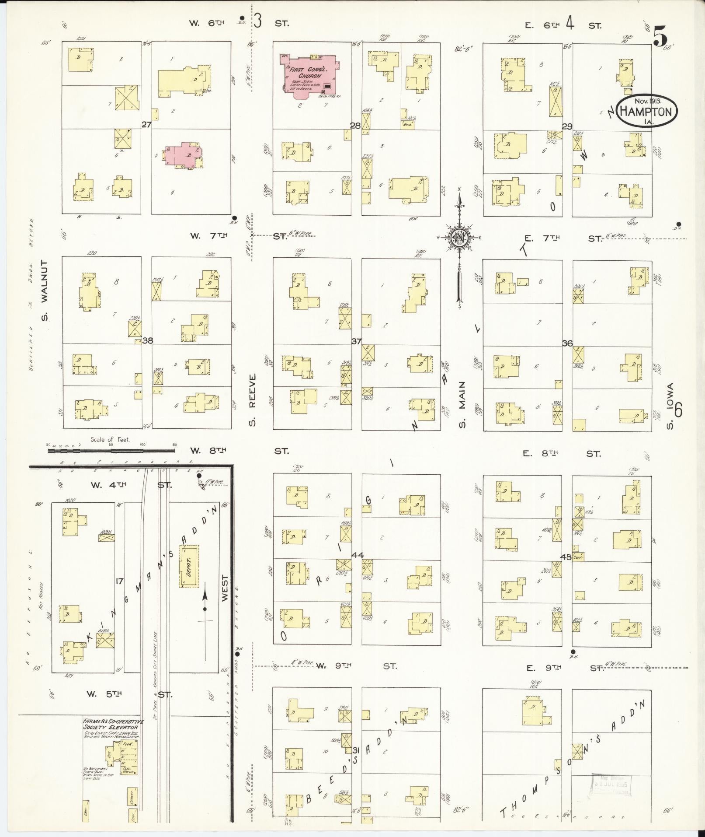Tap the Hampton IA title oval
646,112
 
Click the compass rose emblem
460,237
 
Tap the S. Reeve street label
252,400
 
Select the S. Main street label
462,405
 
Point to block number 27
146,125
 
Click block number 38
147,340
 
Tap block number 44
358,555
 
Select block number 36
567,343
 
